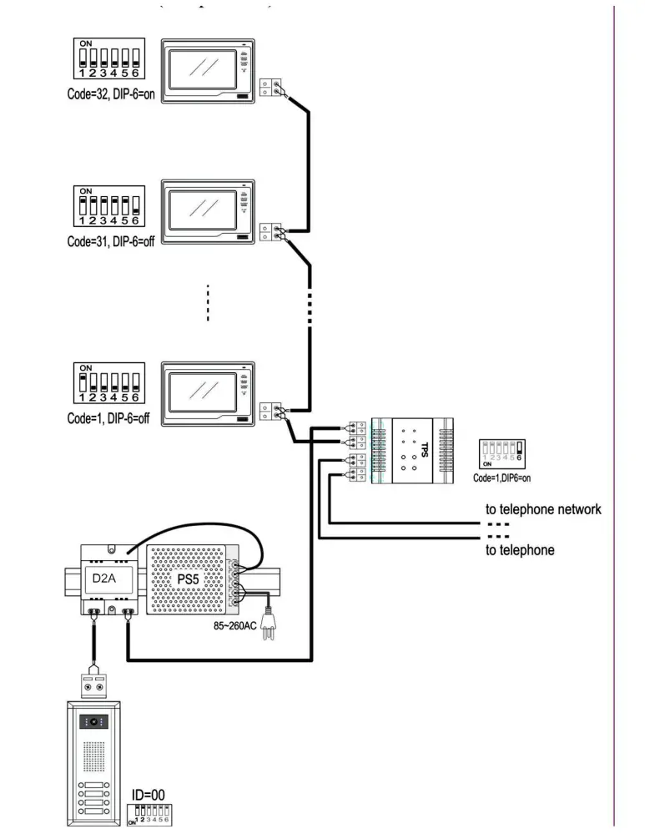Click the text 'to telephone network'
coord(543,508)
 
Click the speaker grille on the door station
coord(93,758)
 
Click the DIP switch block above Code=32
coord(106,56)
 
